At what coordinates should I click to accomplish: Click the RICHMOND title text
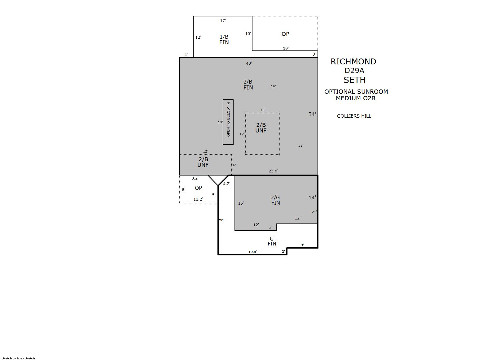tap(353, 62)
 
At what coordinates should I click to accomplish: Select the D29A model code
tap(354, 71)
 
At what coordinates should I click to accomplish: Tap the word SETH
tap(354, 80)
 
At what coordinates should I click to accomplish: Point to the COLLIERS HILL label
tap(354, 116)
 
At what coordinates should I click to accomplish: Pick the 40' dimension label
tap(249, 63)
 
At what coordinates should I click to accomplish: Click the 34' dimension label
tap(312, 114)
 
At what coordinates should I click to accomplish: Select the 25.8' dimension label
tap(273, 171)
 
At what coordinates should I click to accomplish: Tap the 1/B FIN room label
tap(224, 40)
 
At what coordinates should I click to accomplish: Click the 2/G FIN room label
tap(275, 200)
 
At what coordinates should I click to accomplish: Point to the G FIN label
tap(272, 241)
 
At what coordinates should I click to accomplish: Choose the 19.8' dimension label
tap(252, 252)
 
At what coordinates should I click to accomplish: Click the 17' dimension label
tap(223, 20)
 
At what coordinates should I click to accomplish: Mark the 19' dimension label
tap(286, 48)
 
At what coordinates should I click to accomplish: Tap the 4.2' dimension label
tap(226, 184)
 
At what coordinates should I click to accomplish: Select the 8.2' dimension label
tap(195, 178)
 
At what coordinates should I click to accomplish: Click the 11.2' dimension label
tap(198, 199)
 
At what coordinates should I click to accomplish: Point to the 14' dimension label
tap(312, 197)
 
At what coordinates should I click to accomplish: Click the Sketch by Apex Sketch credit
tap(18, 358)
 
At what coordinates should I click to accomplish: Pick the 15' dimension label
tap(205, 152)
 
